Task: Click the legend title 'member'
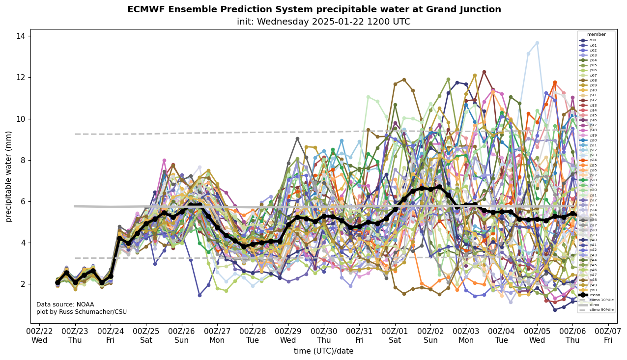pos(596,34)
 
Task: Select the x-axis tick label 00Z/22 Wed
pos(40,336)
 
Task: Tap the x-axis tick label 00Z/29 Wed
pos(288,336)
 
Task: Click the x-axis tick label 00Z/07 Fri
pos(608,336)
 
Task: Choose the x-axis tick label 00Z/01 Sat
pos(395,336)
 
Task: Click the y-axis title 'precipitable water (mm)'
pos(9,176)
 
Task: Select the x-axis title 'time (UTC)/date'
pos(323,351)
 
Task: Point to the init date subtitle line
pos(323,22)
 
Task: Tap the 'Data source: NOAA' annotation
pos(65,305)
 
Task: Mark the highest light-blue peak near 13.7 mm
pos(537,43)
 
